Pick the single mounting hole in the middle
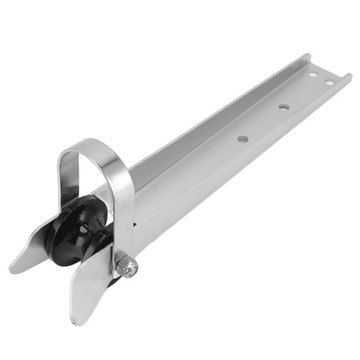click(283, 105)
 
